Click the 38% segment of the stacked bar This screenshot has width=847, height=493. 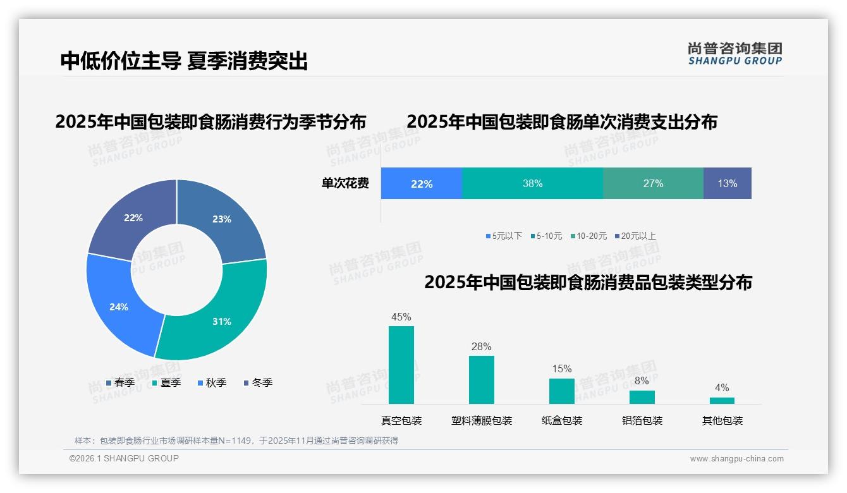click(x=532, y=183)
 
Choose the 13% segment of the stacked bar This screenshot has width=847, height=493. click(x=727, y=183)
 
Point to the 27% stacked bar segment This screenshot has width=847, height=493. click(x=653, y=183)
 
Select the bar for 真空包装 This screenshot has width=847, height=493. click(x=401, y=365)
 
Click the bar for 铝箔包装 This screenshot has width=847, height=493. click(x=642, y=397)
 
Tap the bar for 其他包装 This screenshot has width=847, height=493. click(x=722, y=400)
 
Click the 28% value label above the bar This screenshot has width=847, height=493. click(x=481, y=346)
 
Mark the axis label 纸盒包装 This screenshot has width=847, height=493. click(x=562, y=420)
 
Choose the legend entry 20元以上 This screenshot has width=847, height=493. click(x=638, y=236)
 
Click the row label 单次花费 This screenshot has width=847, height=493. click(x=345, y=183)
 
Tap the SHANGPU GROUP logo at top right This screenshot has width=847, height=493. click(x=734, y=53)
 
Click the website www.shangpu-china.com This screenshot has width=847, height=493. click(x=736, y=458)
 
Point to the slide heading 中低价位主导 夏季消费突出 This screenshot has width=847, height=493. click(x=184, y=61)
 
